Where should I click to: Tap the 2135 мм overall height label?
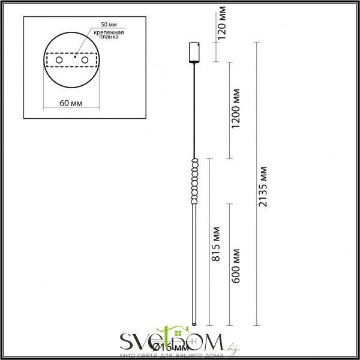[x=263, y=186]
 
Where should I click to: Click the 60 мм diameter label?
[x=71, y=104]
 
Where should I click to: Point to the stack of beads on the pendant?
[x=194, y=181]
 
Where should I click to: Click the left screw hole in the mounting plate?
[x=58, y=60]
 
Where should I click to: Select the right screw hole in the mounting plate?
[x=85, y=60]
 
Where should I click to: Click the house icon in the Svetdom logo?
[x=166, y=334]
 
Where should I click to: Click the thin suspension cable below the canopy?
[x=194, y=108]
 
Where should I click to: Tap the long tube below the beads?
[x=194, y=264]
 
